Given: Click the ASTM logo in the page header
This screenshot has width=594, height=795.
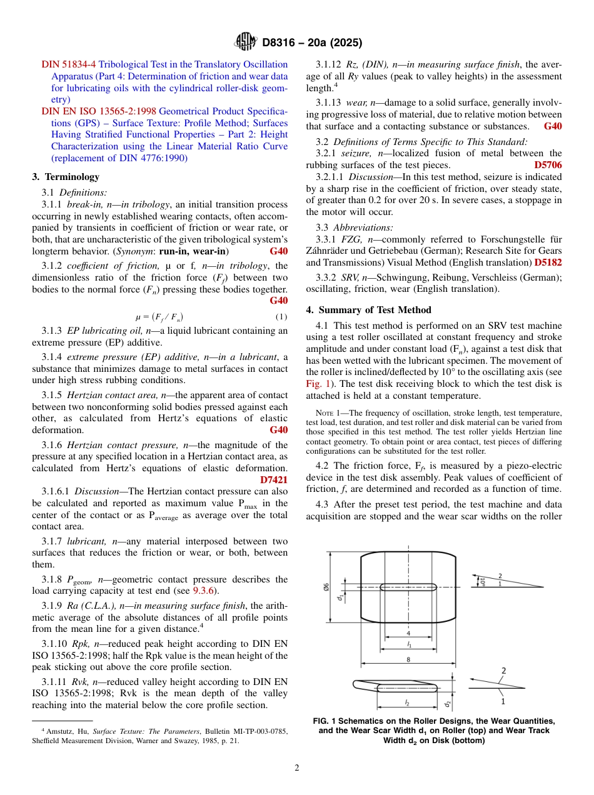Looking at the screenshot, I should (245, 42).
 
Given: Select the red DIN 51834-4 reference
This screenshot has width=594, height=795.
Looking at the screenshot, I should (69, 64).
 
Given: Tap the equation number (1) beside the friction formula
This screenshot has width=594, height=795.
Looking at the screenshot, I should (281, 316).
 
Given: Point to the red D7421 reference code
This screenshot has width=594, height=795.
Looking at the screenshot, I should (273, 480).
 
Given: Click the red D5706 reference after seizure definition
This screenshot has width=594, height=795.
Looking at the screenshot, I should (548, 165).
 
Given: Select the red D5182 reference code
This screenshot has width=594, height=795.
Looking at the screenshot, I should (548, 262).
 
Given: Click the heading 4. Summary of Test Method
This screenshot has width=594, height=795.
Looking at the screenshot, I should (368, 310).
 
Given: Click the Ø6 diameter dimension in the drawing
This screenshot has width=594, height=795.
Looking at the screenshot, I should (326, 587).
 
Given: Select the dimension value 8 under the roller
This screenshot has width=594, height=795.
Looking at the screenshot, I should (408, 659).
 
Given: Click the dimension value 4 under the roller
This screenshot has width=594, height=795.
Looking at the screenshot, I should (408, 634).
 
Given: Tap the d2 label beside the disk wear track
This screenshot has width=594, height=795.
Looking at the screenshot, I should (448, 703).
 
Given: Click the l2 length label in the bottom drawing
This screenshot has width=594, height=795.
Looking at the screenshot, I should (407, 702).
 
